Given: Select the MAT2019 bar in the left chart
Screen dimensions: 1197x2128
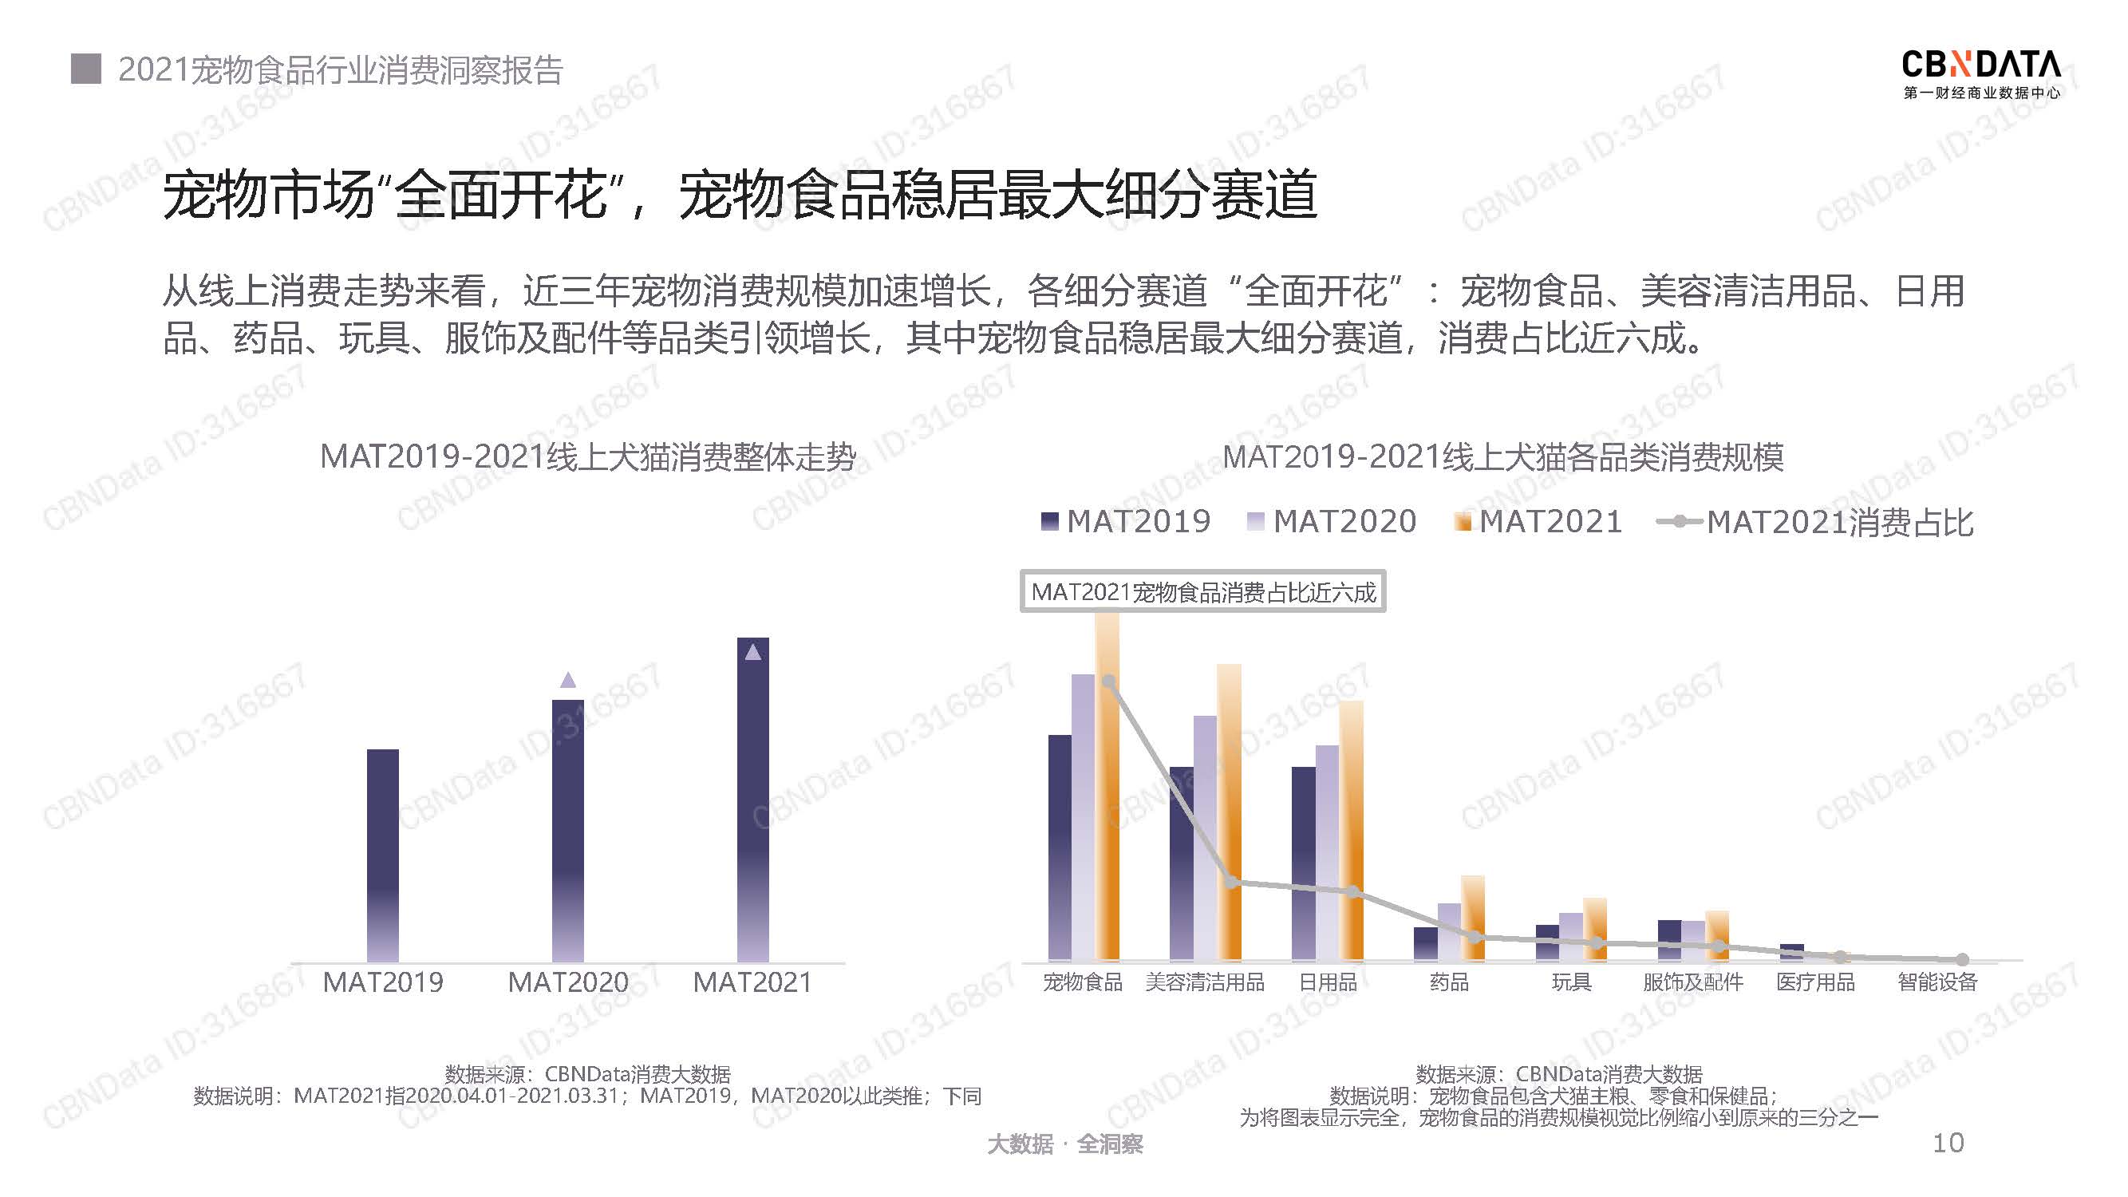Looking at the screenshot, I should [382, 855].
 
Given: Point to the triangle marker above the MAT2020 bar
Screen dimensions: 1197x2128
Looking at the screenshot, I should [567, 680].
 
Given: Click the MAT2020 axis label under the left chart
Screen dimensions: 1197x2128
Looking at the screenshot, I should [567, 982].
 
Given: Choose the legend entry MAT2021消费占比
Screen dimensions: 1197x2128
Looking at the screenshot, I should [1815, 522].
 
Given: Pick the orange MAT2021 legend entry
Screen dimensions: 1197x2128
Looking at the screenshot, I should [1538, 521].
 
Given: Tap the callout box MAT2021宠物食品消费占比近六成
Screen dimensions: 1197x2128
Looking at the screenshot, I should [1202, 591].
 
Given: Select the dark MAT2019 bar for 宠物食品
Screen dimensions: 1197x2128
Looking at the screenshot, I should [1059, 847].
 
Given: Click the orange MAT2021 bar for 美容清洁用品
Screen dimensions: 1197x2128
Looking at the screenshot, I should [1230, 812].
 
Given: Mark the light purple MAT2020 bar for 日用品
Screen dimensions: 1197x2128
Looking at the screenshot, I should [1327, 852].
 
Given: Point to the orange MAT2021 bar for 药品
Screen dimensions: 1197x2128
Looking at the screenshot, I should [1473, 917].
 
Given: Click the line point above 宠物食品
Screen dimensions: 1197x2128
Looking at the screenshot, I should [1108, 681].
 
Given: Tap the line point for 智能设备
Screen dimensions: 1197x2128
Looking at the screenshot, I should [1963, 960].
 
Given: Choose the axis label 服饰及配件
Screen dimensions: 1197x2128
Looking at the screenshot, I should [1692, 982].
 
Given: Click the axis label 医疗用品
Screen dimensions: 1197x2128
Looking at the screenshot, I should [1816, 982].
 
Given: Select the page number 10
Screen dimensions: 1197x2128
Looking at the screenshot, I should [1948, 1143].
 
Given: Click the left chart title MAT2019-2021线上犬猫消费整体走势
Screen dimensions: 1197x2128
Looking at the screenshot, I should [587, 456].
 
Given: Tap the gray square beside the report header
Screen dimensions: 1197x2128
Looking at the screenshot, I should [86, 69].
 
